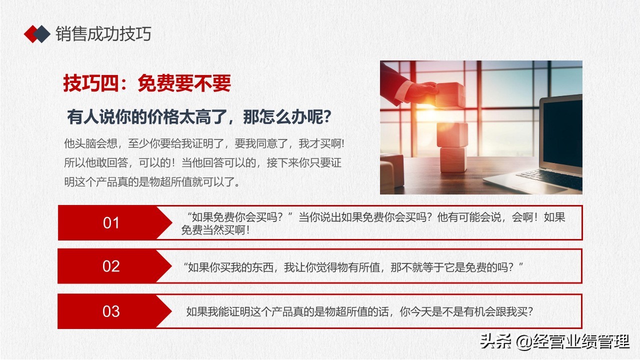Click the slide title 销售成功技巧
click(103, 33)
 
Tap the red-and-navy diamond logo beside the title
click(37, 33)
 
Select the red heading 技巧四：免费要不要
click(147, 83)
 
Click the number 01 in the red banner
click(111, 223)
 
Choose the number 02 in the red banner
click(111, 266)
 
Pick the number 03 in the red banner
click(111, 311)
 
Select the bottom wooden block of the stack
click(452, 159)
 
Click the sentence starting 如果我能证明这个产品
click(359, 311)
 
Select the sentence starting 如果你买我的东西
click(353, 267)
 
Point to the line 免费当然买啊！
click(215, 230)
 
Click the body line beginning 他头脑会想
click(204, 143)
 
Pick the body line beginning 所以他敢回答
click(202, 162)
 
